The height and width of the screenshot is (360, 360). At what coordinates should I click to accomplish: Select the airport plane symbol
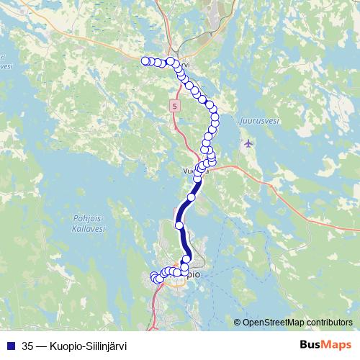tap(249, 143)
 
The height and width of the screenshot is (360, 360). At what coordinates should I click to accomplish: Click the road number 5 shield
tap(174, 106)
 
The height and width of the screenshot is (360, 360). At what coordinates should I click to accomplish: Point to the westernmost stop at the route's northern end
tap(145, 61)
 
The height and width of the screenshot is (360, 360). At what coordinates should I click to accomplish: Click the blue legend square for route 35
tap(9, 343)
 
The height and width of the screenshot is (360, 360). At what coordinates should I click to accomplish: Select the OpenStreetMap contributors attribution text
tap(297, 322)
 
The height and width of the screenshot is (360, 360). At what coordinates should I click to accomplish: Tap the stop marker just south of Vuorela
tap(192, 197)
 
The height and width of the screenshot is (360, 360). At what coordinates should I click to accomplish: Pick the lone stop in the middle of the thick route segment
tap(180, 225)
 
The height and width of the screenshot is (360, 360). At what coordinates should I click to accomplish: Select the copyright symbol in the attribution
tap(238, 323)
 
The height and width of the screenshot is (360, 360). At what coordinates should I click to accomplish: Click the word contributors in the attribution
tap(328, 322)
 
